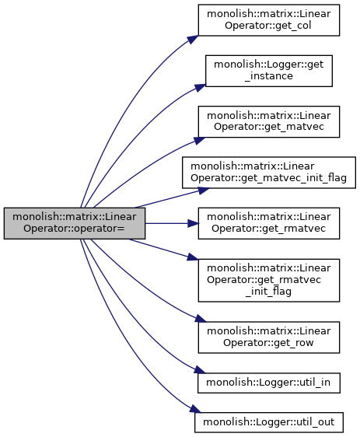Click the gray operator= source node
point(75,223)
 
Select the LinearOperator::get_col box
point(269,20)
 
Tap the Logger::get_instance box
point(269,71)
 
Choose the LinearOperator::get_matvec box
point(269,121)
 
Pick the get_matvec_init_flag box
point(269,173)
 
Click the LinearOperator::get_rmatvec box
point(269,223)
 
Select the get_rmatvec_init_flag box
point(269,281)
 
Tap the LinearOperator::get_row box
point(269,337)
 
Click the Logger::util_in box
point(269,383)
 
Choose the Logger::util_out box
point(269,422)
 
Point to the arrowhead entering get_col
point(193,40)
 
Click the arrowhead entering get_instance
point(200,88)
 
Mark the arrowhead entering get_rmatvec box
point(193,223)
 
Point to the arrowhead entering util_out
point(196,410)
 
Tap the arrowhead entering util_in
point(200,370)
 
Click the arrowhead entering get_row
point(201,318)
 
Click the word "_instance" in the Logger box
point(269,76)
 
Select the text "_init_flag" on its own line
point(269,292)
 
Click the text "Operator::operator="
point(74,229)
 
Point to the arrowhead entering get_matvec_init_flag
point(204,191)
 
